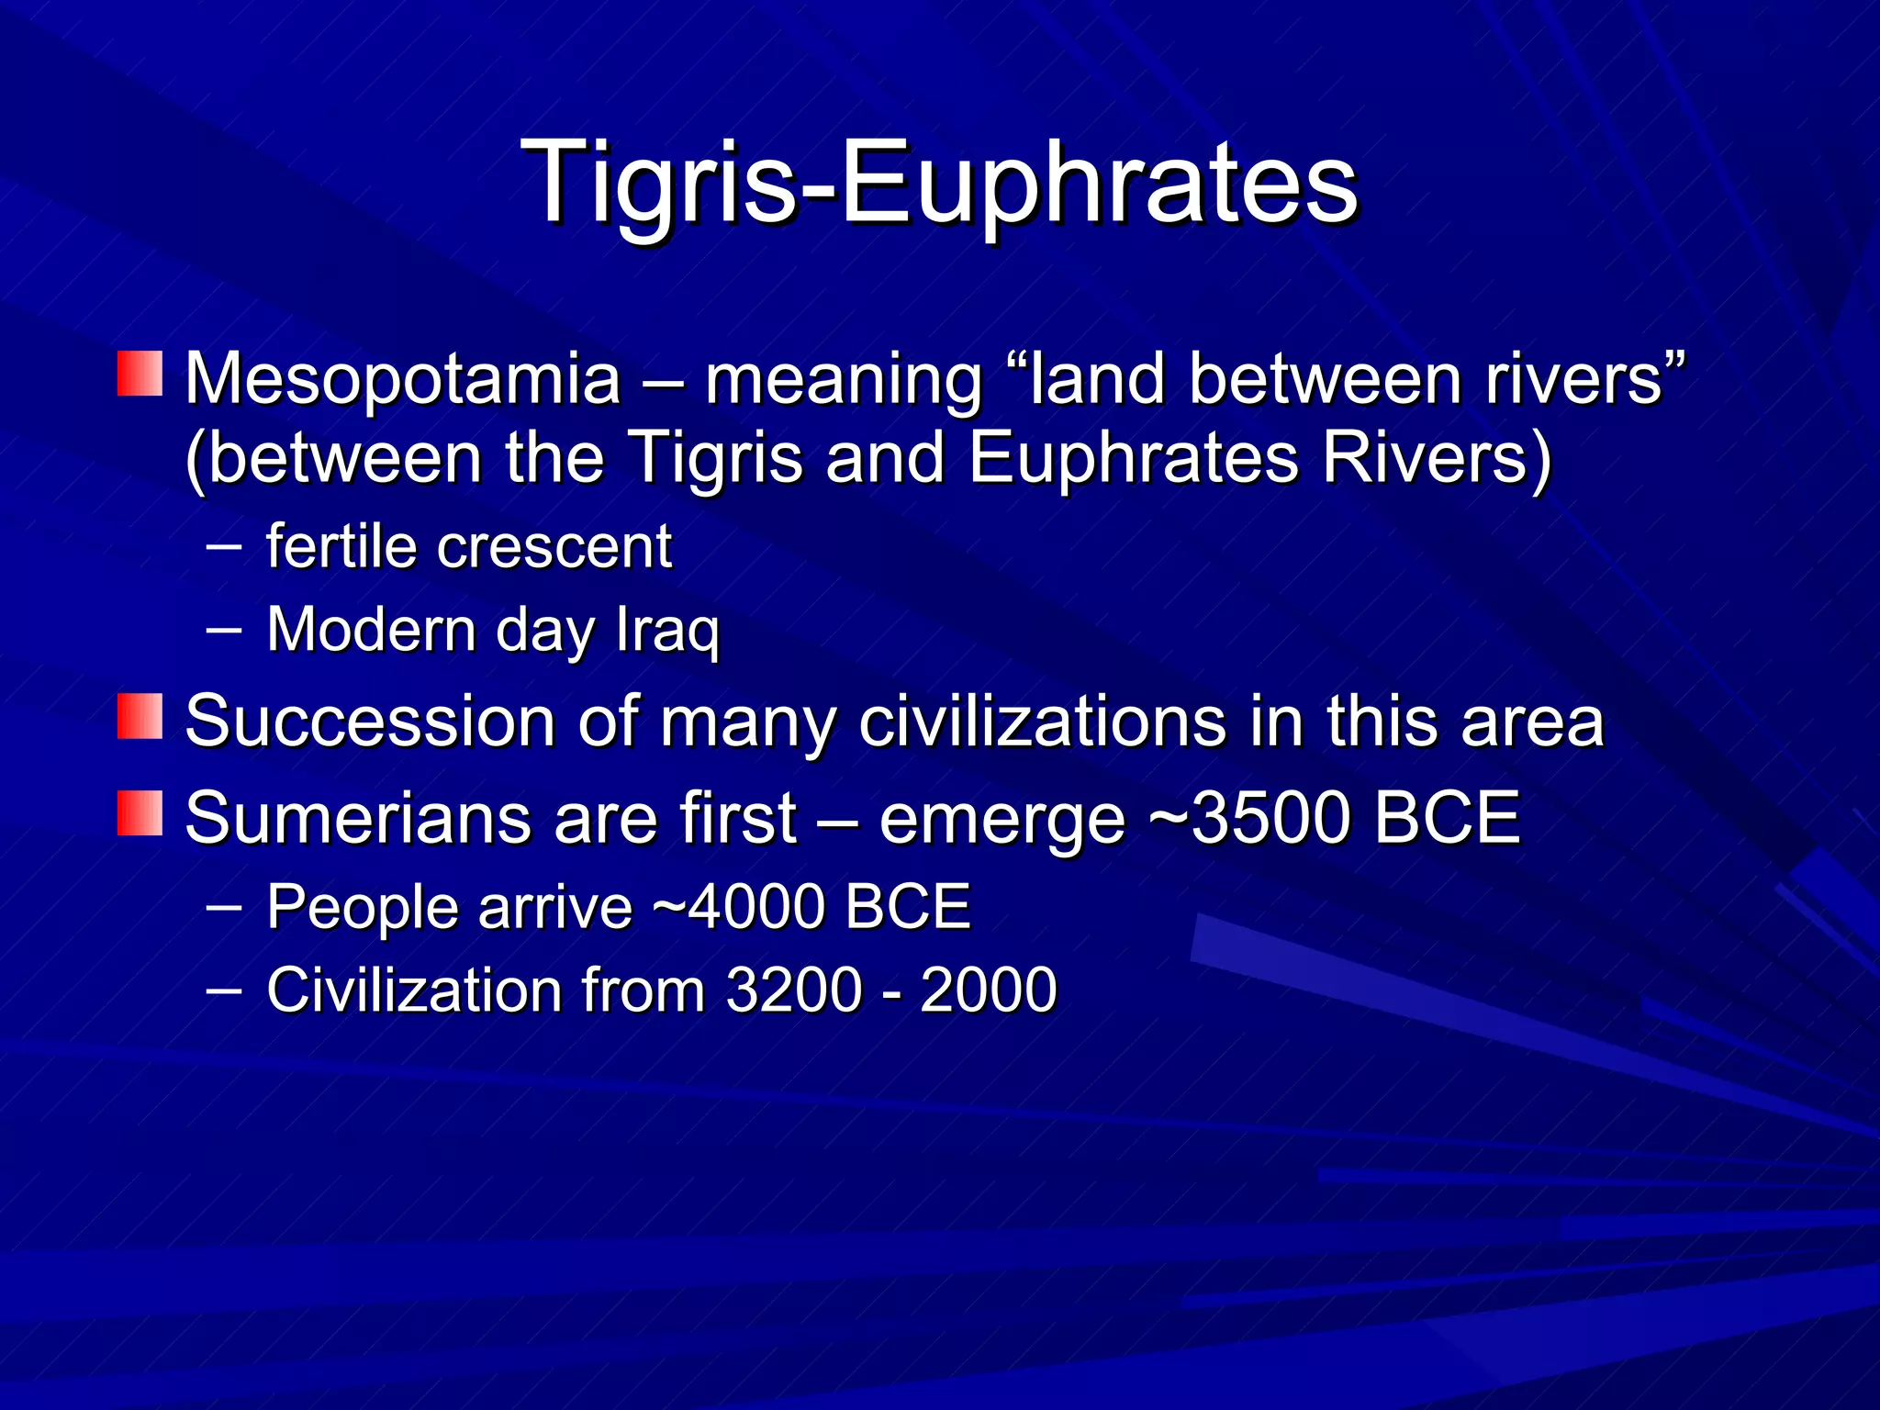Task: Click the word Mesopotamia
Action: click(x=403, y=378)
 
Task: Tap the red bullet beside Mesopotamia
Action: click(x=140, y=374)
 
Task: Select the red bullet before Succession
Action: click(x=140, y=716)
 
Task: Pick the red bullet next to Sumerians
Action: click(x=140, y=812)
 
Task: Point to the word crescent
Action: click(x=554, y=548)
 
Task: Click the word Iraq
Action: click(x=667, y=632)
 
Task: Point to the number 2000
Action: click(x=989, y=990)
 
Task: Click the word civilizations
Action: click(x=1042, y=722)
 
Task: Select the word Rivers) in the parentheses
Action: click(x=1437, y=458)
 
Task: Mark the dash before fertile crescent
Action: click(x=224, y=547)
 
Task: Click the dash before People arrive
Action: click(x=224, y=907)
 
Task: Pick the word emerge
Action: click(x=1002, y=819)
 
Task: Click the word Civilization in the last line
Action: click(x=414, y=990)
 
